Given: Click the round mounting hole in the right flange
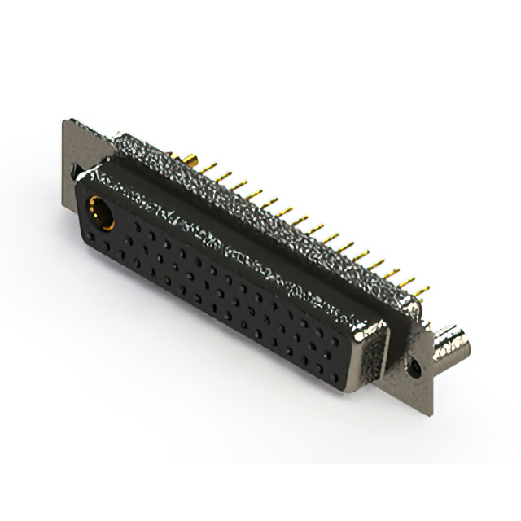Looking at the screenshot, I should click(417, 368).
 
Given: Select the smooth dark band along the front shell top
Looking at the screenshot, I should click(244, 244).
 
